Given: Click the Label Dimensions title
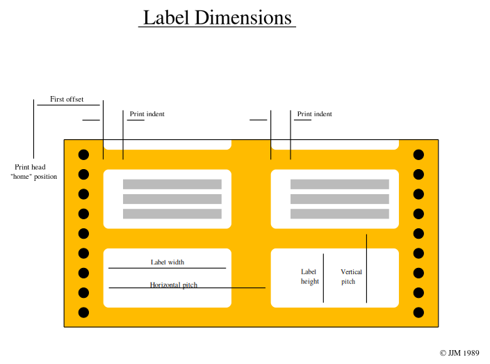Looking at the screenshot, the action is click(217, 17).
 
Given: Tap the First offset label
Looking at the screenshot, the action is click(67, 100).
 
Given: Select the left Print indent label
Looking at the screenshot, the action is click(147, 114).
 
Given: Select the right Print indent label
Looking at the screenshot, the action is click(314, 114).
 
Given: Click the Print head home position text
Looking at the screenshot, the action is click(34, 172).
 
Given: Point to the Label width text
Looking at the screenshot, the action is click(168, 262).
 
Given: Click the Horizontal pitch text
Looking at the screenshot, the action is click(174, 285).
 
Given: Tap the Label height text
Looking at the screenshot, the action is click(310, 277).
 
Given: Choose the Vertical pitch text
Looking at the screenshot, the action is click(351, 277).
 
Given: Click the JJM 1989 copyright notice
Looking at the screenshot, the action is click(459, 353).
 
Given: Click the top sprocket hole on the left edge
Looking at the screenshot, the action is click(83, 155).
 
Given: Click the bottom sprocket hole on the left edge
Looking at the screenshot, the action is click(83, 312).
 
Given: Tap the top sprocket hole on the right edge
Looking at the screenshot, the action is click(418, 155).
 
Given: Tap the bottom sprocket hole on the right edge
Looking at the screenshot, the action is click(418, 312).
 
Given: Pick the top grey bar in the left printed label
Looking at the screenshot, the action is click(172, 184).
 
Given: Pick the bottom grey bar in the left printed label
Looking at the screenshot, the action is click(172, 214).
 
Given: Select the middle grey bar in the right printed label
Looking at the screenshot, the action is click(340, 199).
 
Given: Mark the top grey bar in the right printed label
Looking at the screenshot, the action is click(340, 184).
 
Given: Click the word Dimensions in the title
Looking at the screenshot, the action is click(243, 17).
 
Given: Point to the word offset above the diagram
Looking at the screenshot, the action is click(74, 100).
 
